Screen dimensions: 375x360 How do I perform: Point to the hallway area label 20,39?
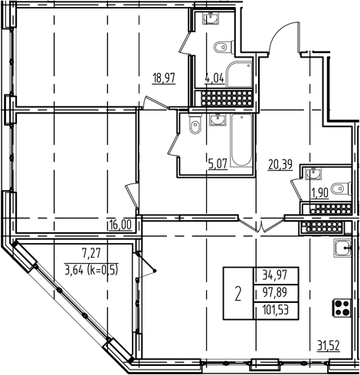tap(280, 163)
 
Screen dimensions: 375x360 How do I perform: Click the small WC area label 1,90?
tap(317, 192)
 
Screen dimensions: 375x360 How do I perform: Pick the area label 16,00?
tap(119, 225)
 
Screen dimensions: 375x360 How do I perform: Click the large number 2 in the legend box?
tap(238, 292)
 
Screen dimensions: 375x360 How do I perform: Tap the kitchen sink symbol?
tap(341, 248)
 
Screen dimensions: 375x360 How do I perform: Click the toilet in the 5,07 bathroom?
tap(193, 124)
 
